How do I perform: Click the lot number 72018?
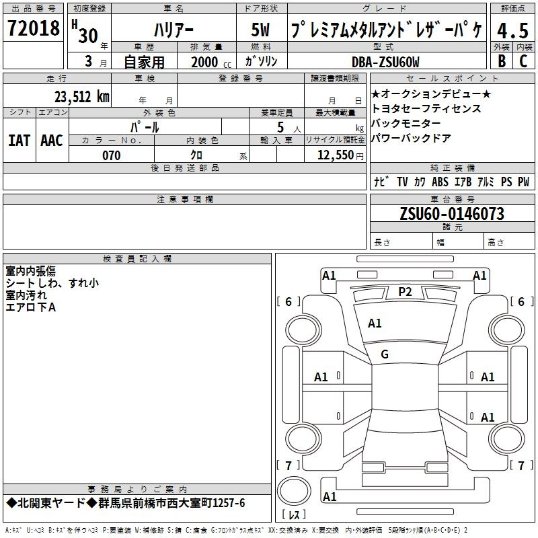(x=34, y=28)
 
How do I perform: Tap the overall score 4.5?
(x=512, y=30)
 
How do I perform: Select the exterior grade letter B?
(x=502, y=61)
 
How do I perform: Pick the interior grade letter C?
(x=523, y=61)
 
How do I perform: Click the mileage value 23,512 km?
(x=81, y=97)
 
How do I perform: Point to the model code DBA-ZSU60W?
(x=385, y=62)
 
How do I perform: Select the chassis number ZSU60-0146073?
(x=452, y=214)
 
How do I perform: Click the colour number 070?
(x=112, y=155)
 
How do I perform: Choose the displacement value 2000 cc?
(x=211, y=63)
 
